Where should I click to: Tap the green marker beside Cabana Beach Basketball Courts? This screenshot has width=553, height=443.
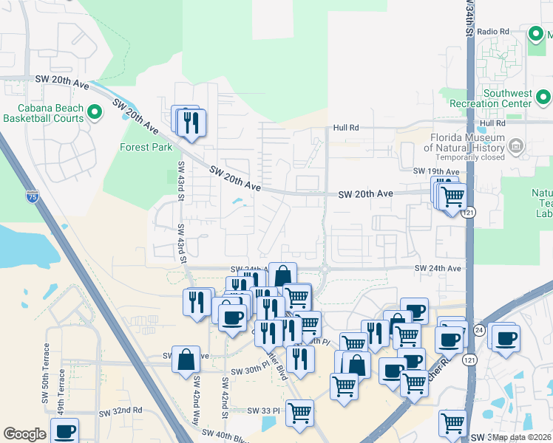[94, 112]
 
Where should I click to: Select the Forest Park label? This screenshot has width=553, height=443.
[146, 147]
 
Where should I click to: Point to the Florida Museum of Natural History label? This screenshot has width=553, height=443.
[468, 142]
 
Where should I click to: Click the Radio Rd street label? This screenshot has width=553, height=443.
[494, 32]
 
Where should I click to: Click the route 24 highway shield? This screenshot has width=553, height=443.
[479, 329]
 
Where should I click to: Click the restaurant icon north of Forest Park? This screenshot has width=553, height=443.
[191, 123]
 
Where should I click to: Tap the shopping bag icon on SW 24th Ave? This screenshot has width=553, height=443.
[282, 276]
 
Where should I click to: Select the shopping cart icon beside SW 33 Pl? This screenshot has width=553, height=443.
[299, 413]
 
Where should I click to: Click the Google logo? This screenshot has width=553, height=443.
[24, 434]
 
